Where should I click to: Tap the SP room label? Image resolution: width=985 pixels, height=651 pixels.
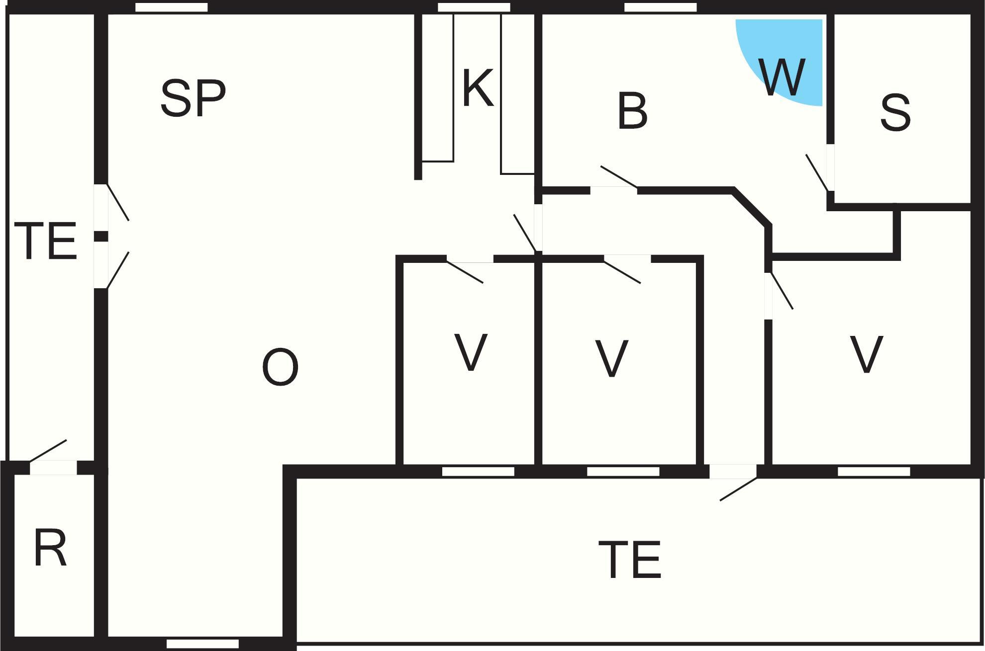(193, 98)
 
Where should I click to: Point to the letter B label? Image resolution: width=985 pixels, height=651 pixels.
(632, 111)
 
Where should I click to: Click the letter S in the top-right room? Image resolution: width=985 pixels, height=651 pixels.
(895, 113)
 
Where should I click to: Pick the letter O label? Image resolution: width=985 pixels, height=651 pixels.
(280, 368)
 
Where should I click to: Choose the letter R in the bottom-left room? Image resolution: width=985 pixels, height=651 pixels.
(50, 549)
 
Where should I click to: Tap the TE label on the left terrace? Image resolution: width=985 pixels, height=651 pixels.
(46, 242)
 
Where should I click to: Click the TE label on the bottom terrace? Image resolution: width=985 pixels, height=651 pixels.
(630, 561)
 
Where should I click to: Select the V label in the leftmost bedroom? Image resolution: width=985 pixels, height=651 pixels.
(471, 353)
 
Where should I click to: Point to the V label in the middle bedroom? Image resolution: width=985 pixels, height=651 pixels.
(611, 358)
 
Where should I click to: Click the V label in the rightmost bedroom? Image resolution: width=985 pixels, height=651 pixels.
(866, 354)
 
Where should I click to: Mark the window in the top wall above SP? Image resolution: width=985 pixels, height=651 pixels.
(171, 7)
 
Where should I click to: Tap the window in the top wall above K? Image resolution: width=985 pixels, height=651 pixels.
(474, 7)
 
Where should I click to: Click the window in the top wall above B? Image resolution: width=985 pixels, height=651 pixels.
(660, 7)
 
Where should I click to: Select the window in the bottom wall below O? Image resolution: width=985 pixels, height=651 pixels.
(202, 644)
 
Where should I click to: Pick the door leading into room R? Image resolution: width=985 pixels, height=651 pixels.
(53, 467)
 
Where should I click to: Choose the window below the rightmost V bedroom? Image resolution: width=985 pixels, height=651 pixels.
(874, 472)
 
